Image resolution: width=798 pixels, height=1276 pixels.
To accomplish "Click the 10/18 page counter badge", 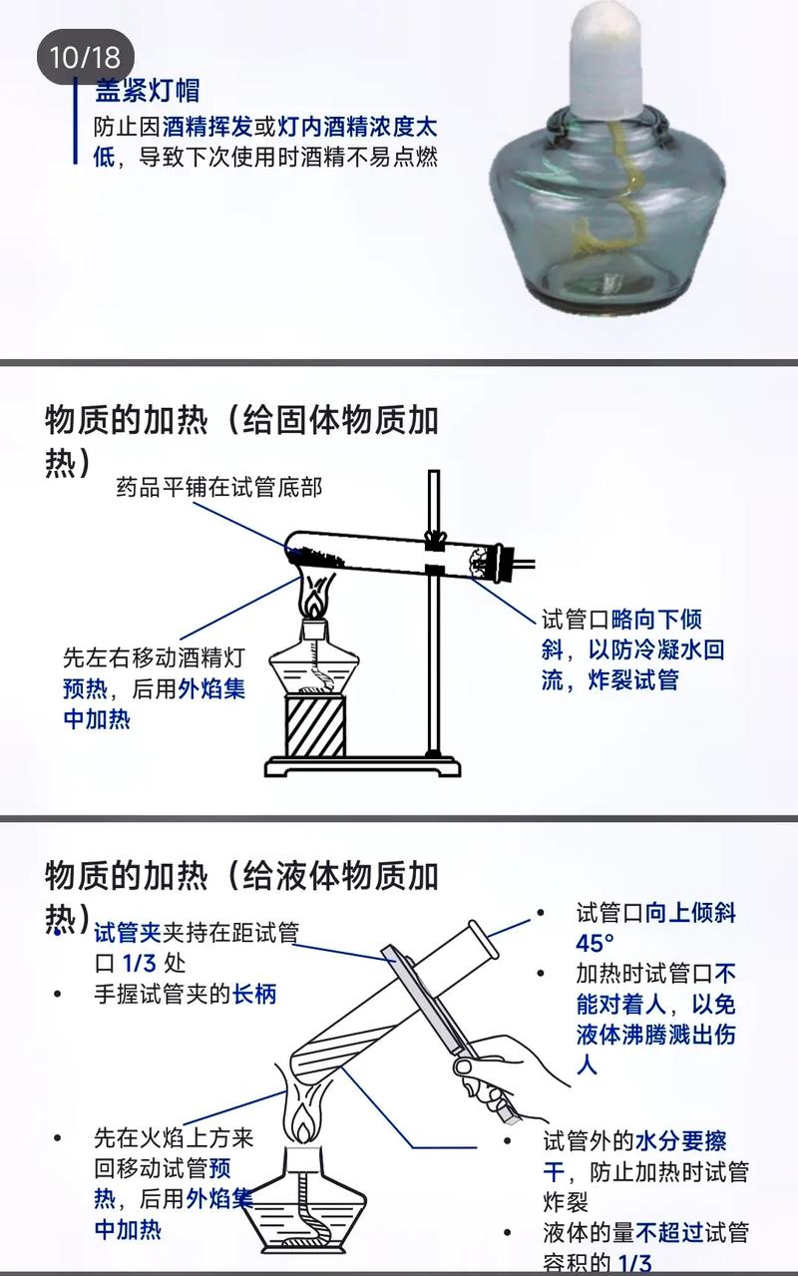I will [x=85, y=56].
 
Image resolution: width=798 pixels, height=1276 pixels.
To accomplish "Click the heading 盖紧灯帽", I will [x=147, y=92].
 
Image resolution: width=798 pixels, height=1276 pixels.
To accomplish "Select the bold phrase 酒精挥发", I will [x=205, y=128].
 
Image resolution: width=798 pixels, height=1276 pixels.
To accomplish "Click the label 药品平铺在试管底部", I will [x=218, y=488].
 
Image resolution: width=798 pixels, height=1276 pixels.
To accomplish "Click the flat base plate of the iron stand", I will [x=363, y=766].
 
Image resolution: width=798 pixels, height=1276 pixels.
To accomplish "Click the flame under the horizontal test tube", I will [x=313, y=600].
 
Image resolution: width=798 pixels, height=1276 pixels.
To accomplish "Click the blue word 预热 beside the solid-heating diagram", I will [x=84, y=688].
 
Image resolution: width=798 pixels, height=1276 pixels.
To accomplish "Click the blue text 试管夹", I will [x=127, y=933].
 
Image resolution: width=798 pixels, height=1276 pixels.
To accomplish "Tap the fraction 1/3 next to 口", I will [x=139, y=963].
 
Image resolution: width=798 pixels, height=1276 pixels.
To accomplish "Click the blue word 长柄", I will [x=253, y=994].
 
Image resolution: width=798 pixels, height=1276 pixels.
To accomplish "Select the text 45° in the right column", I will [x=595, y=943].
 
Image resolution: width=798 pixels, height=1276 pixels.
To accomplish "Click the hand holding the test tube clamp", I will [x=504, y=1072].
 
